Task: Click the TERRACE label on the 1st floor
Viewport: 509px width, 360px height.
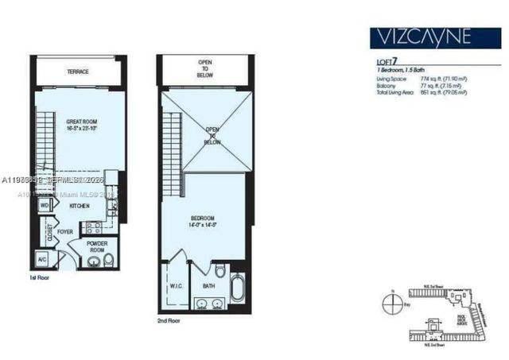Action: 78,72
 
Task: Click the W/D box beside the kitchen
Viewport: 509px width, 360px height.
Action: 45,205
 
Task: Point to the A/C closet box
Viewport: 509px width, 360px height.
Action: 42,260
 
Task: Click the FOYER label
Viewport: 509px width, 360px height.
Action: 65,233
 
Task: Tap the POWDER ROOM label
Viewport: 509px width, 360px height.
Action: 97,247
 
